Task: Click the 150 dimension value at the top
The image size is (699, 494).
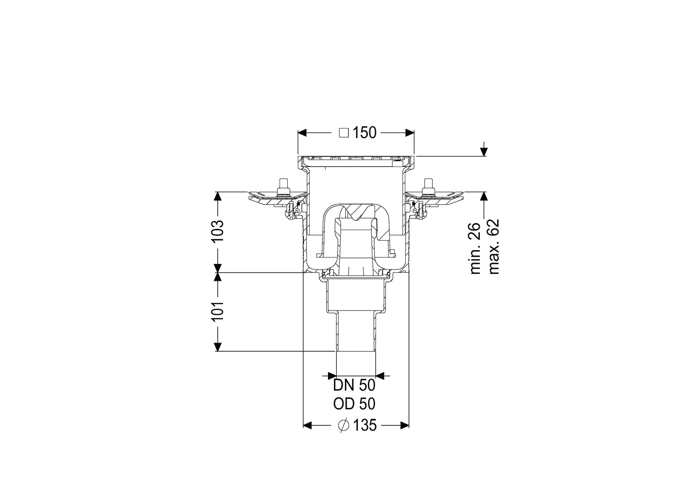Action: click(x=365, y=133)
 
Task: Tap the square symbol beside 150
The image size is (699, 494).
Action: click(x=344, y=133)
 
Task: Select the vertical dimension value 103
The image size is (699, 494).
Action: click(x=217, y=231)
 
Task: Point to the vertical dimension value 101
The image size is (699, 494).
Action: click(x=217, y=312)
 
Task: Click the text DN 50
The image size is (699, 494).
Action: click(x=354, y=386)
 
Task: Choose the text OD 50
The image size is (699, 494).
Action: click(x=354, y=404)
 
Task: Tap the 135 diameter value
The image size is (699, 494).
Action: click(x=365, y=425)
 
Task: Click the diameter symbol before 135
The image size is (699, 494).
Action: click(x=343, y=425)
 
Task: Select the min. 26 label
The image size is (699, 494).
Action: click(x=476, y=248)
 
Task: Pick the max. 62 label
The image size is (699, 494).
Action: click(x=494, y=247)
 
